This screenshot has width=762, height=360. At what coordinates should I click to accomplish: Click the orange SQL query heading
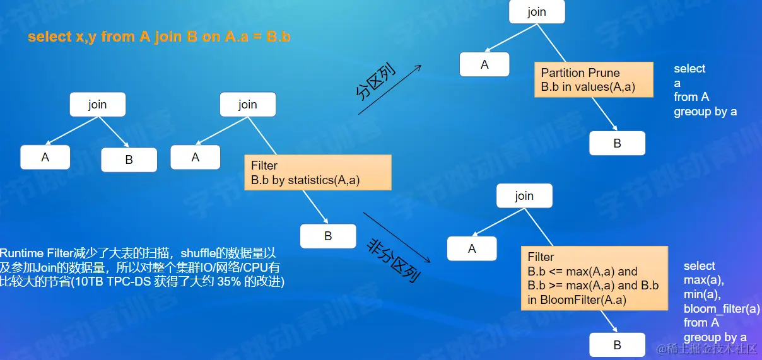[159, 37]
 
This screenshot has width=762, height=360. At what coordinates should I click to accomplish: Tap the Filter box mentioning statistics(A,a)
[318, 173]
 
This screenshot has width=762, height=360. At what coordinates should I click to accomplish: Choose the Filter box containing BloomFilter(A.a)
[594, 278]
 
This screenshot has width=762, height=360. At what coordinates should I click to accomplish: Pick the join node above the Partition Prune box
[536, 12]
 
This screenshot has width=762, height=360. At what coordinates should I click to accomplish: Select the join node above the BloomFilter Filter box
[524, 196]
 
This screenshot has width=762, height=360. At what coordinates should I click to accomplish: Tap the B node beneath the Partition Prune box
[617, 143]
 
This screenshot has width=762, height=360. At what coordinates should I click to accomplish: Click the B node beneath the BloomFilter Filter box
[617, 345]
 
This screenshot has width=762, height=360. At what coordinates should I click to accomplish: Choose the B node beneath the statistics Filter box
[327, 236]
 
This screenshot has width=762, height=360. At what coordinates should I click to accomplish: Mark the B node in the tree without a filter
[129, 160]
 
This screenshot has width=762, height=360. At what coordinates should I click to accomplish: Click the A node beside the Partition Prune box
[484, 64]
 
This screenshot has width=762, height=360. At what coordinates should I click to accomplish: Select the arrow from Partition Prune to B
[602, 113]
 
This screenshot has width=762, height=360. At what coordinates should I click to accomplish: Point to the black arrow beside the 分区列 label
[389, 90]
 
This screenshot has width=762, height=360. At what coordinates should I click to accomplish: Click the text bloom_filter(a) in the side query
[722, 308]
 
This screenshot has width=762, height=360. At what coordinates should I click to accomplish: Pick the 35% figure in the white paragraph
[224, 282]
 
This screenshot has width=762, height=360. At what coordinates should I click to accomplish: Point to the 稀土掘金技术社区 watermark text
[710, 349]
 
